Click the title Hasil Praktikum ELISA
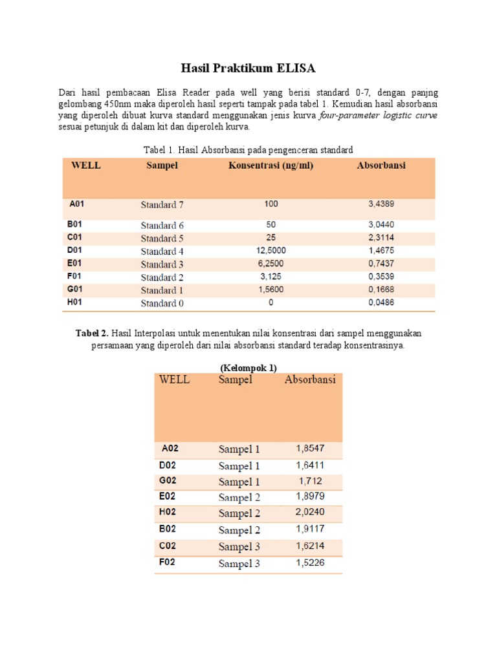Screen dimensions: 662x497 [248, 69]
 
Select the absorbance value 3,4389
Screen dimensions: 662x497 [381, 204]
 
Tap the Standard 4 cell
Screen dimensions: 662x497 [162, 251]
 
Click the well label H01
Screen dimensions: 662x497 [76, 303]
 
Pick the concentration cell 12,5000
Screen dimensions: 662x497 [271, 251]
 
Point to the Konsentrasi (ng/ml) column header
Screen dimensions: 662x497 [271, 166]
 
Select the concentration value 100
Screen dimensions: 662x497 [271, 204]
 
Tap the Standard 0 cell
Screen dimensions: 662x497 [162, 304]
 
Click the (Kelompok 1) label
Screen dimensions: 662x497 [248, 368]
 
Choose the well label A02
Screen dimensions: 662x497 [170, 447]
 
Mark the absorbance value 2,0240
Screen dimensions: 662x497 [310, 513]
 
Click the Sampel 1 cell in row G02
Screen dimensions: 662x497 [239, 482]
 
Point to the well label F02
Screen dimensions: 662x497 [168, 562]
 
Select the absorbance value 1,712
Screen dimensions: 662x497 [310, 481]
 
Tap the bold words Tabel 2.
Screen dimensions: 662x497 [93, 333]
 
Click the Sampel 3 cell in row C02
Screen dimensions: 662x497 [239, 547]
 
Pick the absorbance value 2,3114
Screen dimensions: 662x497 [381, 238]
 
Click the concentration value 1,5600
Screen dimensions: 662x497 [271, 290]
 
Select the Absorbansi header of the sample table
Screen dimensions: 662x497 [310, 380]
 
